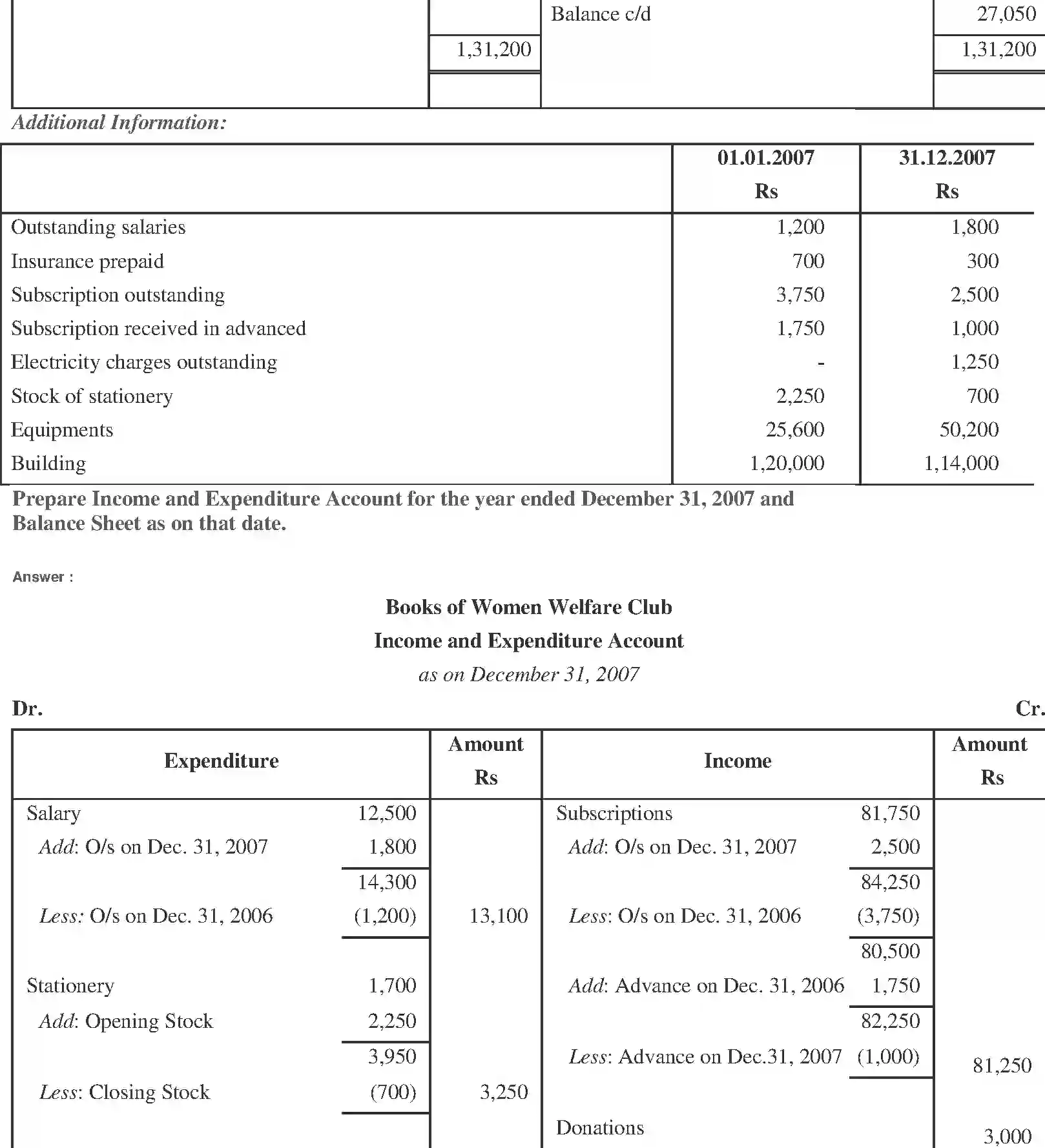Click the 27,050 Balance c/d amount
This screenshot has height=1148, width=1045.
click(1006, 14)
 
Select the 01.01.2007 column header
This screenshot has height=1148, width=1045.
click(765, 158)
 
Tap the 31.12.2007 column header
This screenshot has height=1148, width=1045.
click(947, 158)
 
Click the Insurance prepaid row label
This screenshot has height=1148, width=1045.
click(87, 261)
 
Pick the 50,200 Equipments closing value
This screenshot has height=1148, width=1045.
click(969, 429)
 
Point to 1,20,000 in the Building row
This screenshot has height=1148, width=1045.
click(787, 463)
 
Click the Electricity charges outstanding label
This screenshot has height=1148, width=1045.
click(144, 362)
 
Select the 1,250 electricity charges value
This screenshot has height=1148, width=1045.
click(974, 362)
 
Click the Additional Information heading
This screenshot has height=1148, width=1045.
click(119, 122)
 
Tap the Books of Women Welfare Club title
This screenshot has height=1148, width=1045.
click(528, 607)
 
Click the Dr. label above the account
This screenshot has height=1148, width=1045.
click(27, 708)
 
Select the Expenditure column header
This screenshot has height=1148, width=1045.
click(221, 761)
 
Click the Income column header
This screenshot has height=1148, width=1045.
click(737, 761)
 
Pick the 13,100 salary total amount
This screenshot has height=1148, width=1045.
click(498, 916)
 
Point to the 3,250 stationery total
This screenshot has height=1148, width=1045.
click(503, 1092)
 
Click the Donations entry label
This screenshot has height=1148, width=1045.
click(599, 1127)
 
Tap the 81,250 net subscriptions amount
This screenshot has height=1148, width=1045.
click(1002, 1065)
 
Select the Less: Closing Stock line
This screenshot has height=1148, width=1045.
click(125, 1092)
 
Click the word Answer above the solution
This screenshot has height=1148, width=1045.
click(38, 577)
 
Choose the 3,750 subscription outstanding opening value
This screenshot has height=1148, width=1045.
click(800, 294)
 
